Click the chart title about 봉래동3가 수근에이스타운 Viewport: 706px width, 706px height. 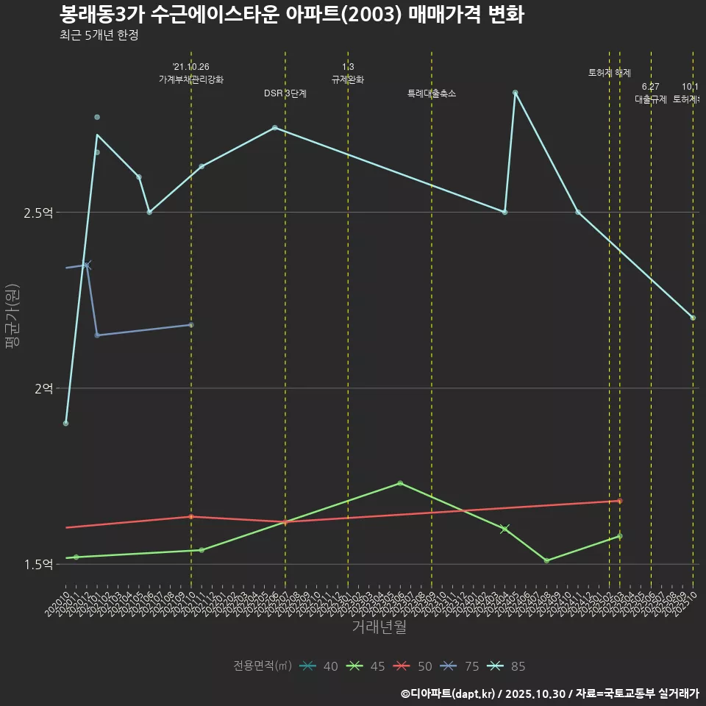pos(291,15)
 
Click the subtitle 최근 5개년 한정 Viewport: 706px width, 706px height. pos(99,35)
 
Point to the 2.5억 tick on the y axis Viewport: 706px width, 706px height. pos(39,213)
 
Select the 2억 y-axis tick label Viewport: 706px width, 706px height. pos(43,388)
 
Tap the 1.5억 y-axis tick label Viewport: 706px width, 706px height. pos(39,564)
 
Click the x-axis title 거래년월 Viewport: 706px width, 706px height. pos(379,627)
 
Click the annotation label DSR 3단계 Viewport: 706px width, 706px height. pos(285,93)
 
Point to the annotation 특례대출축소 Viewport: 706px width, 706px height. pos(432,93)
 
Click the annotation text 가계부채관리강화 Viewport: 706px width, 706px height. pos(191,79)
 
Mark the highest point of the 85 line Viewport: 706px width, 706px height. pos(515,93)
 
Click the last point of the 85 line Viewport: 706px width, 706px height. pos(692,318)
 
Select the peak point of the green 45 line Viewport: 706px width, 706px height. pos(400,483)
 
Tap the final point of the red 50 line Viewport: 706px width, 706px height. pos(619,501)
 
